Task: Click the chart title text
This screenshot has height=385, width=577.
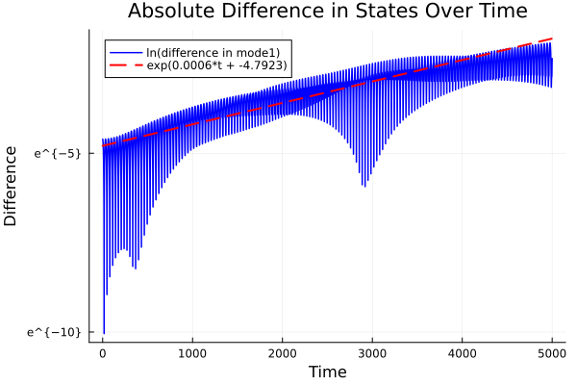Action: point(327,13)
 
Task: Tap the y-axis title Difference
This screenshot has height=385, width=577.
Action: point(12,186)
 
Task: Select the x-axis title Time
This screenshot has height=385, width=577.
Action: point(327,371)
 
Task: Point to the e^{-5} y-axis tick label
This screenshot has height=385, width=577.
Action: point(58,153)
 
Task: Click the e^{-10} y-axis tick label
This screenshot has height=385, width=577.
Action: point(55,332)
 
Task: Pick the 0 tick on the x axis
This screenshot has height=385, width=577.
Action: point(103,352)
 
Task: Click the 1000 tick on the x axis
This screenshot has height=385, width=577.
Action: point(192,352)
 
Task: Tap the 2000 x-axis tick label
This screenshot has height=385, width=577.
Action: point(283,352)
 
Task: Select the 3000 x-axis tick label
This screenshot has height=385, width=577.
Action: point(372,352)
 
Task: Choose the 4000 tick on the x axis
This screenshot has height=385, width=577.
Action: point(463,352)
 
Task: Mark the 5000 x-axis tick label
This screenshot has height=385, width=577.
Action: point(552,352)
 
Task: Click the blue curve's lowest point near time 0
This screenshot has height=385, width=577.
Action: point(104,332)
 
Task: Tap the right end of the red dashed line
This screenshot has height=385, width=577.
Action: point(552,39)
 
